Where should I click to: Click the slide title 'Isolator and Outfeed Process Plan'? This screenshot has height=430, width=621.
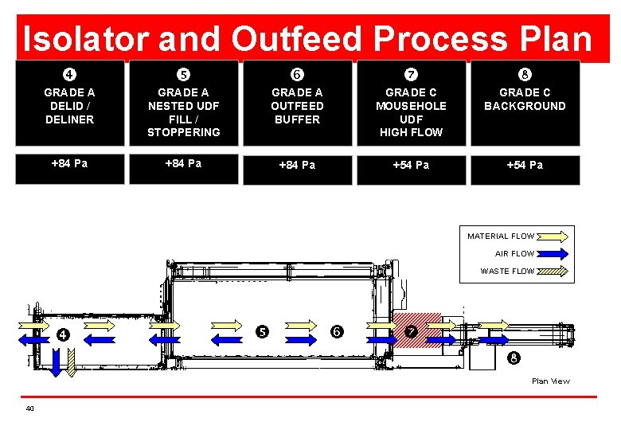307,38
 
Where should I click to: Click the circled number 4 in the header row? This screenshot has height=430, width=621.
70,75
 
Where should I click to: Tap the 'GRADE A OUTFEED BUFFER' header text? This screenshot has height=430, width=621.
297,106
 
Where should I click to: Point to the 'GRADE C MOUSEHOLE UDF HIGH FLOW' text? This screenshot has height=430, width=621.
411,112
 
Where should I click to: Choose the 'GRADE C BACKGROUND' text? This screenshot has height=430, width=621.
525,100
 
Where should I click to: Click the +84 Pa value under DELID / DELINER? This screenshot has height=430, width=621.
69,164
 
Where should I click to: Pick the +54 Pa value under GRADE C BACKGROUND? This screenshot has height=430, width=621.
525,165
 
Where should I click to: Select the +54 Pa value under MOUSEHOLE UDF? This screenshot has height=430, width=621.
411,165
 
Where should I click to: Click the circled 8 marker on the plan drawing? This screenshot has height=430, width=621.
514,358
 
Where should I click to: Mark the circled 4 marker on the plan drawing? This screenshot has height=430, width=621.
62,334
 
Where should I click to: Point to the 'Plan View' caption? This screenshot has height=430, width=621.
551,381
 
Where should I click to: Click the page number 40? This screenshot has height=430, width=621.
29,408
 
